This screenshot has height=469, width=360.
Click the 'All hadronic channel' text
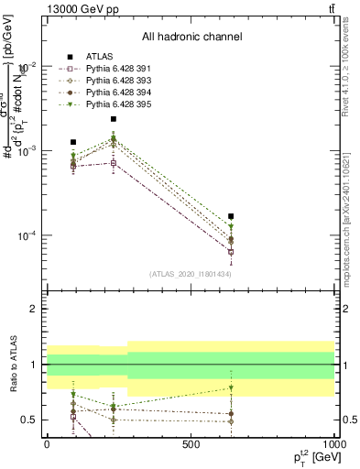(x=191, y=37)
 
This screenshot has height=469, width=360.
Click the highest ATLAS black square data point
(x=114, y=119)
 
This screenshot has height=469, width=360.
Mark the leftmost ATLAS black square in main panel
(x=73, y=142)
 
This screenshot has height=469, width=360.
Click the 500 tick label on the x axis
(x=191, y=443)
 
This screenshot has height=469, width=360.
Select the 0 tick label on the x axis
(x=47, y=443)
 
